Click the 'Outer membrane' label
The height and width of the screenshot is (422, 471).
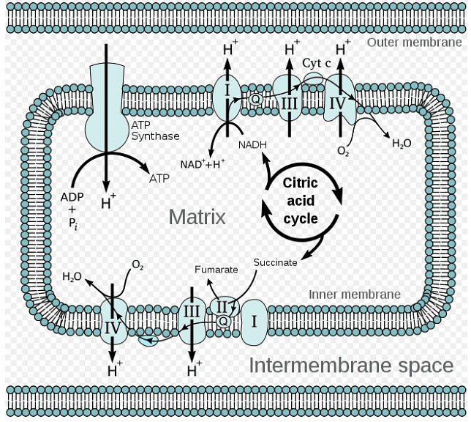tap(414, 42)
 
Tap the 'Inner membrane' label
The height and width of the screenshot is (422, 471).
tap(354, 294)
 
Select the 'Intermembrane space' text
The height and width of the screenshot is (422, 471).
tap(351, 365)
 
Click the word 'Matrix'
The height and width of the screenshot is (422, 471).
tap(197, 217)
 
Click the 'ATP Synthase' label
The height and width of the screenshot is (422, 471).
tap(155, 130)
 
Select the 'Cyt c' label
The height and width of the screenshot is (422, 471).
tap(317, 63)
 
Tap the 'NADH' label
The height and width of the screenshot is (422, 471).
tap(253, 144)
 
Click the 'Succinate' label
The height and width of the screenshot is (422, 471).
tap(275, 262)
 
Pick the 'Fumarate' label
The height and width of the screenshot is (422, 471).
tap(216, 270)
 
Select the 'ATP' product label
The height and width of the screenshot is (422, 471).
tap(159, 178)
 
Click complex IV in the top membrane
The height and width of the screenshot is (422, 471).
tap(337, 103)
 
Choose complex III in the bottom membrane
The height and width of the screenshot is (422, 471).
tap(192, 312)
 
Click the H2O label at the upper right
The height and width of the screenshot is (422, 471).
tap(402, 144)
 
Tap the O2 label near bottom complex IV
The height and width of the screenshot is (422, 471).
tap(137, 264)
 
